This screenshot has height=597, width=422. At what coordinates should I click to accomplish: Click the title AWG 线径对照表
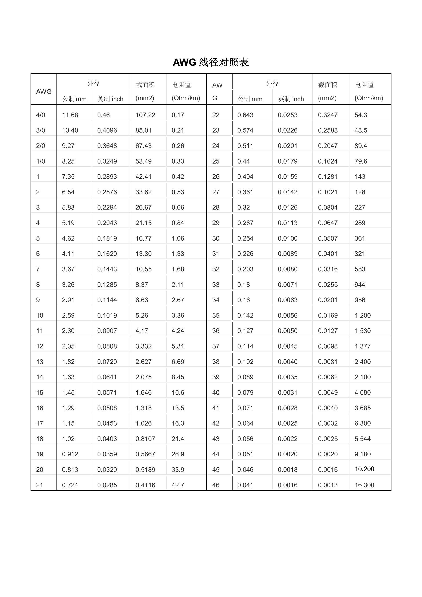point(211,62)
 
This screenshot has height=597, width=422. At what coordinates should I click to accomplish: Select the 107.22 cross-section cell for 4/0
point(145,115)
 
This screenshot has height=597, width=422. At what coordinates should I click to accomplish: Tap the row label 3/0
point(41,130)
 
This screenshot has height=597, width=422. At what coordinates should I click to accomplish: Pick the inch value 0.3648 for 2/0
point(107,146)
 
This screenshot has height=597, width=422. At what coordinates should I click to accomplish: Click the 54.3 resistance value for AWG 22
point(361,115)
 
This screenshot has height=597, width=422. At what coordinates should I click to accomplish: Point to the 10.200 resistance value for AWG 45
point(364,469)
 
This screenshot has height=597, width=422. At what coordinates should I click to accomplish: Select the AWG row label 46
point(216,485)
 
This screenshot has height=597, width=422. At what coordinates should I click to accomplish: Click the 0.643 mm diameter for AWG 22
point(245,115)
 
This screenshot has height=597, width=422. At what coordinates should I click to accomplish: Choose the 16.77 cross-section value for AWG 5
point(143,238)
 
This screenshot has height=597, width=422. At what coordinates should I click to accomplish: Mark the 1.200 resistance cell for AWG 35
point(362,315)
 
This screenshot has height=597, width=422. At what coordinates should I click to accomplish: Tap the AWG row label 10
point(40,315)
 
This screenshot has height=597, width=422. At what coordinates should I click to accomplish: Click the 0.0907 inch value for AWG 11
point(107,331)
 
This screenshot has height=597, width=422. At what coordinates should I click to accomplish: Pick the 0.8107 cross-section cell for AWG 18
point(145,439)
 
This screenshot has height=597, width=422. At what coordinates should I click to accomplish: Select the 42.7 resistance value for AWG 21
point(178,485)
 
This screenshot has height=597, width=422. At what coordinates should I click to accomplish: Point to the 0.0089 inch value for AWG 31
point(287,254)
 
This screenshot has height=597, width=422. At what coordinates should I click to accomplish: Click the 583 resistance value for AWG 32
point(360,269)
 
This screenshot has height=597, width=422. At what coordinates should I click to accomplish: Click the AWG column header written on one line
point(44,91)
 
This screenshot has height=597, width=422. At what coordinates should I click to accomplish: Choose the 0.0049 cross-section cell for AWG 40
point(328,393)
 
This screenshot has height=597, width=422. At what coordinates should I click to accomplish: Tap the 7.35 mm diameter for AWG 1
point(68,177)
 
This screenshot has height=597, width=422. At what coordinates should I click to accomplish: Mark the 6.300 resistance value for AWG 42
point(362,423)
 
